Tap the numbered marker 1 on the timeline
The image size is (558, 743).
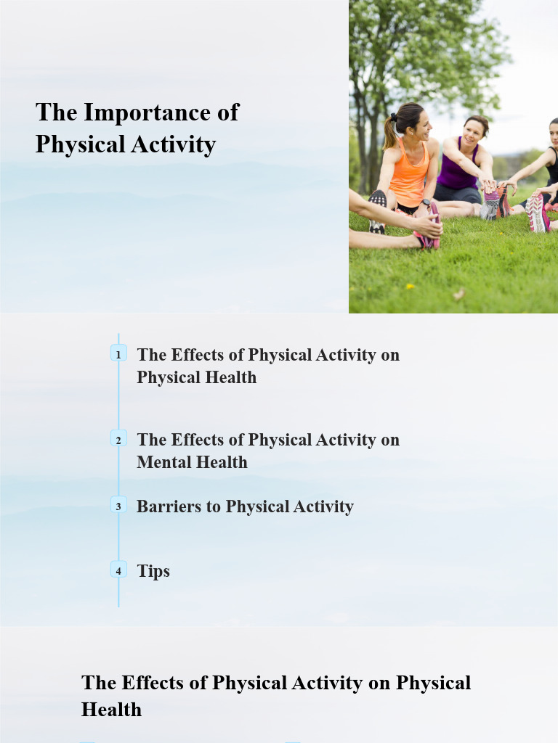coord(118,354)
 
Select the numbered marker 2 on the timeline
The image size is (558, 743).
coord(118,439)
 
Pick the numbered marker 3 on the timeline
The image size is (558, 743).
coord(118,506)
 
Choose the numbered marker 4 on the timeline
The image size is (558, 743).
coord(118,570)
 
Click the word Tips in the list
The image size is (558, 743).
coord(153,571)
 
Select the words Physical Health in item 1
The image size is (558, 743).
coord(196,377)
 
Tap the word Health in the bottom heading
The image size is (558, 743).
coord(111,709)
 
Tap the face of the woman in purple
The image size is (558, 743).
coord(473,131)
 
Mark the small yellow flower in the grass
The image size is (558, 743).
coord(410,286)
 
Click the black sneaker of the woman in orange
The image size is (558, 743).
coord(377,210)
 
